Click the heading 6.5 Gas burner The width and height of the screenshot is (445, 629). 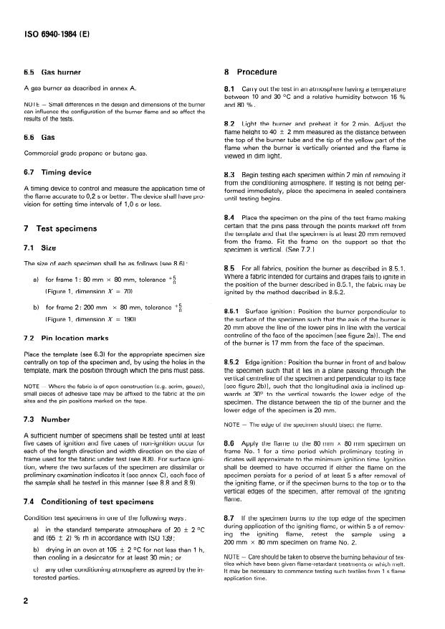point(51,72)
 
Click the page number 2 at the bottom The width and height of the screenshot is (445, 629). point(26,600)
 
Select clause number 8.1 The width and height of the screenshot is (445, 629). point(231,89)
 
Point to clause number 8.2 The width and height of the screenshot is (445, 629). point(231,125)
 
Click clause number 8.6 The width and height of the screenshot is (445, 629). point(231,445)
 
